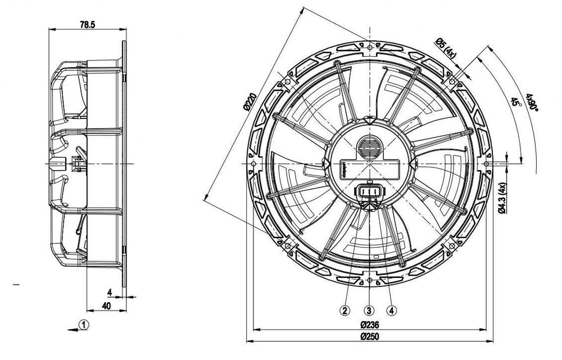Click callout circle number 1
tap(83, 324)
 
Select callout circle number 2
tap(345, 309)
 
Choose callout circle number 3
tap(369, 309)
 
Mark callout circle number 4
tap(392, 309)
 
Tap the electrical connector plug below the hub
tap(369, 194)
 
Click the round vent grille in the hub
tap(369, 147)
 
